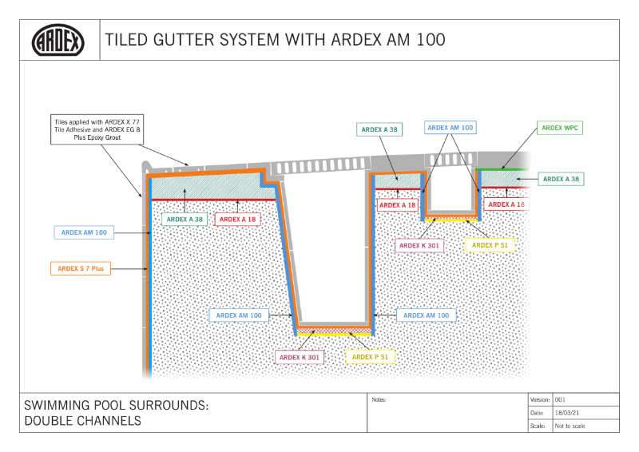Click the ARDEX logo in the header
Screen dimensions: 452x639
(x=58, y=40)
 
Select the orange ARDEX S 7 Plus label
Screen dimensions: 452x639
(x=81, y=269)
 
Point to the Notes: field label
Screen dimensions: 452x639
(x=379, y=398)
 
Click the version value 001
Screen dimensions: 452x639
(x=561, y=398)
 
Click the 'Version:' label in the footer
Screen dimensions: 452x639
(x=540, y=398)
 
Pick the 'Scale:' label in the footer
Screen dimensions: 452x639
(x=538, y=426)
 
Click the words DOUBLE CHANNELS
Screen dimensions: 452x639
(x=83, y=421)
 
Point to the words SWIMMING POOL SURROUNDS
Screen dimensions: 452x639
(x=117, y=406)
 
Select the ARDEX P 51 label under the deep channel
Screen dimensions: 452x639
(x=370, y=357)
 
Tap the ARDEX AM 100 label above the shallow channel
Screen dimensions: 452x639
(x=450, y=127)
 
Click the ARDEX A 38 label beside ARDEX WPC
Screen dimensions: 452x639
(x=560, y=180)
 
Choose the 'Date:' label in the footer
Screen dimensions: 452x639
(x=537, y=413)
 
